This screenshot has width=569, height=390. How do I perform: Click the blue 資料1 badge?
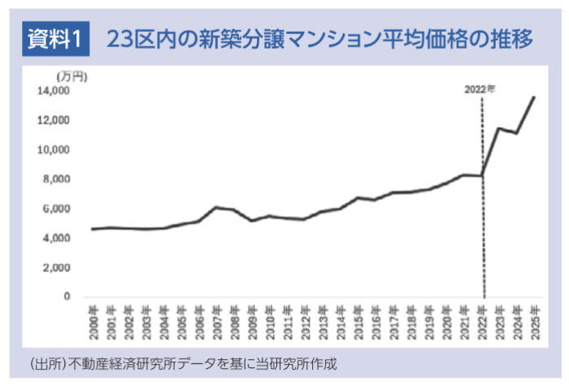tap(55, 38)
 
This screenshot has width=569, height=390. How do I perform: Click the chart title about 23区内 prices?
tap(319, 39)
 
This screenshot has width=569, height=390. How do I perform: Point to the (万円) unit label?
tap(72, 77)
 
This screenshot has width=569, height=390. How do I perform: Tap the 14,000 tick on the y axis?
tap(54, 90)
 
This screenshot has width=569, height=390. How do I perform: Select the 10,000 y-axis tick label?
tap(54, 149)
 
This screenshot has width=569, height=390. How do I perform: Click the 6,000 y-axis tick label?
tap(56, 209)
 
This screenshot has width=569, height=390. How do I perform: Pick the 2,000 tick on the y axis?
tap(56, 268)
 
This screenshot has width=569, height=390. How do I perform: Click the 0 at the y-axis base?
tap(67, 297)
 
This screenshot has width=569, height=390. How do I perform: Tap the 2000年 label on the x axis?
tap(94, 323)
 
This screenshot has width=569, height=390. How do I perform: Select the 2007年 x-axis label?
tap(217, 323)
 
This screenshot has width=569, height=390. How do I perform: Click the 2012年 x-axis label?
tap(306, 323)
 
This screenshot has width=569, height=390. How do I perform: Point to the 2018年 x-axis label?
tap(411, 323)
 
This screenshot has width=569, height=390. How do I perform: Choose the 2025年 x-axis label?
tap(535, 323)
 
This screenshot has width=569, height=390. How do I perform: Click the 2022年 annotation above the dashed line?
tap(480, 89)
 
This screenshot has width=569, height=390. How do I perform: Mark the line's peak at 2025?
tap(534, 97)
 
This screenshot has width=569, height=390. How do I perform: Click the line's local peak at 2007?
tap(217, 207)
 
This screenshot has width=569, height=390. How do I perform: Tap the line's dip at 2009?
tap(252, 220)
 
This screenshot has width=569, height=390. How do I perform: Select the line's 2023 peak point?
tap(499, 128)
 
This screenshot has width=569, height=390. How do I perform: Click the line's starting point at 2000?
tap(93, 229)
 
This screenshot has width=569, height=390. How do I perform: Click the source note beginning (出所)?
tap(184, 363)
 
